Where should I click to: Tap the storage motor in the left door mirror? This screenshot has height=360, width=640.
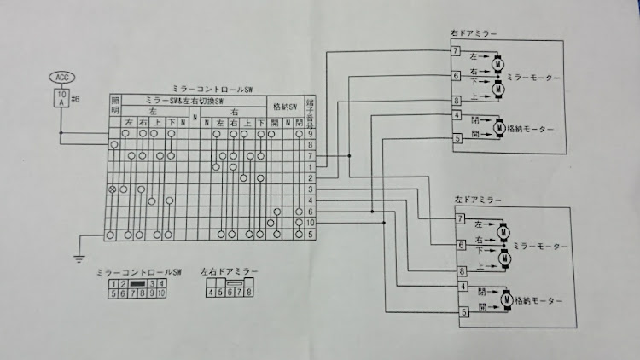coord(509,299)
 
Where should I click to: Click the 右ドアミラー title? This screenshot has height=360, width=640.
coord(474,33)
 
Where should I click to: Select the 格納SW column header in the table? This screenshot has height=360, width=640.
coord(284,107)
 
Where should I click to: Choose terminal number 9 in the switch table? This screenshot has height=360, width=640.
coord(311,134)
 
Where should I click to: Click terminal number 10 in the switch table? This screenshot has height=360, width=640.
coord(311,222)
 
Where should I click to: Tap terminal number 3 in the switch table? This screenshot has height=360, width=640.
coord(311,188)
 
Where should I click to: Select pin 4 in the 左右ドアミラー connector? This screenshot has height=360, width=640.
coord(210,293)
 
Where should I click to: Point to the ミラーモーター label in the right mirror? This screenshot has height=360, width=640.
coord(533,77)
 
